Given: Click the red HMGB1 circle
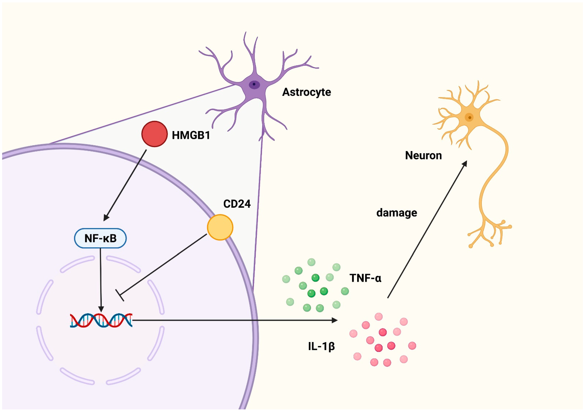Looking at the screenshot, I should point(154,134).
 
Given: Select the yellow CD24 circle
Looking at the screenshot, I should point(220,227).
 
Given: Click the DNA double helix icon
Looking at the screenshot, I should point(101,320).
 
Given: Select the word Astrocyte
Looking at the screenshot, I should point(307,92).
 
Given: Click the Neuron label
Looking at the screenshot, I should point(423,155).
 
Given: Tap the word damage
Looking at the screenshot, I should point(397,213).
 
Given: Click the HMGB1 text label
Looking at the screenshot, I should point(191,135).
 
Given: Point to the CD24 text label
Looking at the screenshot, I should point(237,204).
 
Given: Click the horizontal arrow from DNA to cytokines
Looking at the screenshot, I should point(229,320).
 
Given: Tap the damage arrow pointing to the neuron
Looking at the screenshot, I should point(427,229).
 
